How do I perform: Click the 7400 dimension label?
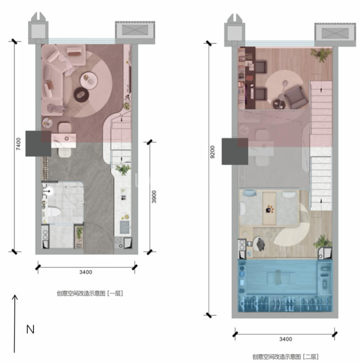pos(18,144)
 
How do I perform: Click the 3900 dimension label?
pos(154,197)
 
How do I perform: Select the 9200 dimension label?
pos(212,152)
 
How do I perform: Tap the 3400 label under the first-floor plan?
pos(86,272)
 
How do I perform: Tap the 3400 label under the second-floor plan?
pos(285,339)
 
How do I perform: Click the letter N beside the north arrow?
pos(30,329)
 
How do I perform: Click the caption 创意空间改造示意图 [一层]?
pos(90,293)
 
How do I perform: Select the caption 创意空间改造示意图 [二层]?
pos(285,357)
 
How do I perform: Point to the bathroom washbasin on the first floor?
pos(49,191)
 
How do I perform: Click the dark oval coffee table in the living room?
pos(82,94)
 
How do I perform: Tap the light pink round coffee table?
pos(89,80)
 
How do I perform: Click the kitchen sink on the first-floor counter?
pos(125,227)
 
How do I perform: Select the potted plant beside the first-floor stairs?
pos(123,169)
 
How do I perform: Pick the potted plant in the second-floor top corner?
pos(322,55)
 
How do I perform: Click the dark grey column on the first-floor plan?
pos(38,144)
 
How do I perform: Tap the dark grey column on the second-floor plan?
pos(235,151)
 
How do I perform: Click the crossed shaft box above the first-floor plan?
pos(135,30)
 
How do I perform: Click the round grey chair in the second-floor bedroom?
pos(259,244)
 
